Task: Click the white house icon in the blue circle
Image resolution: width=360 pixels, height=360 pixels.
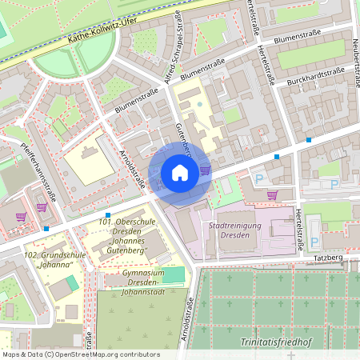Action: pos(180,172)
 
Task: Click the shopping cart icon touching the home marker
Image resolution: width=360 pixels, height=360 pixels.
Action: pos(205,170)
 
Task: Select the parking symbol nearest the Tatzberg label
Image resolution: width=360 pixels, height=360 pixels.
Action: pos(314,242)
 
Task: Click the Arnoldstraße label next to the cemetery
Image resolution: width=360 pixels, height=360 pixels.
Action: pos(190,319)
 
